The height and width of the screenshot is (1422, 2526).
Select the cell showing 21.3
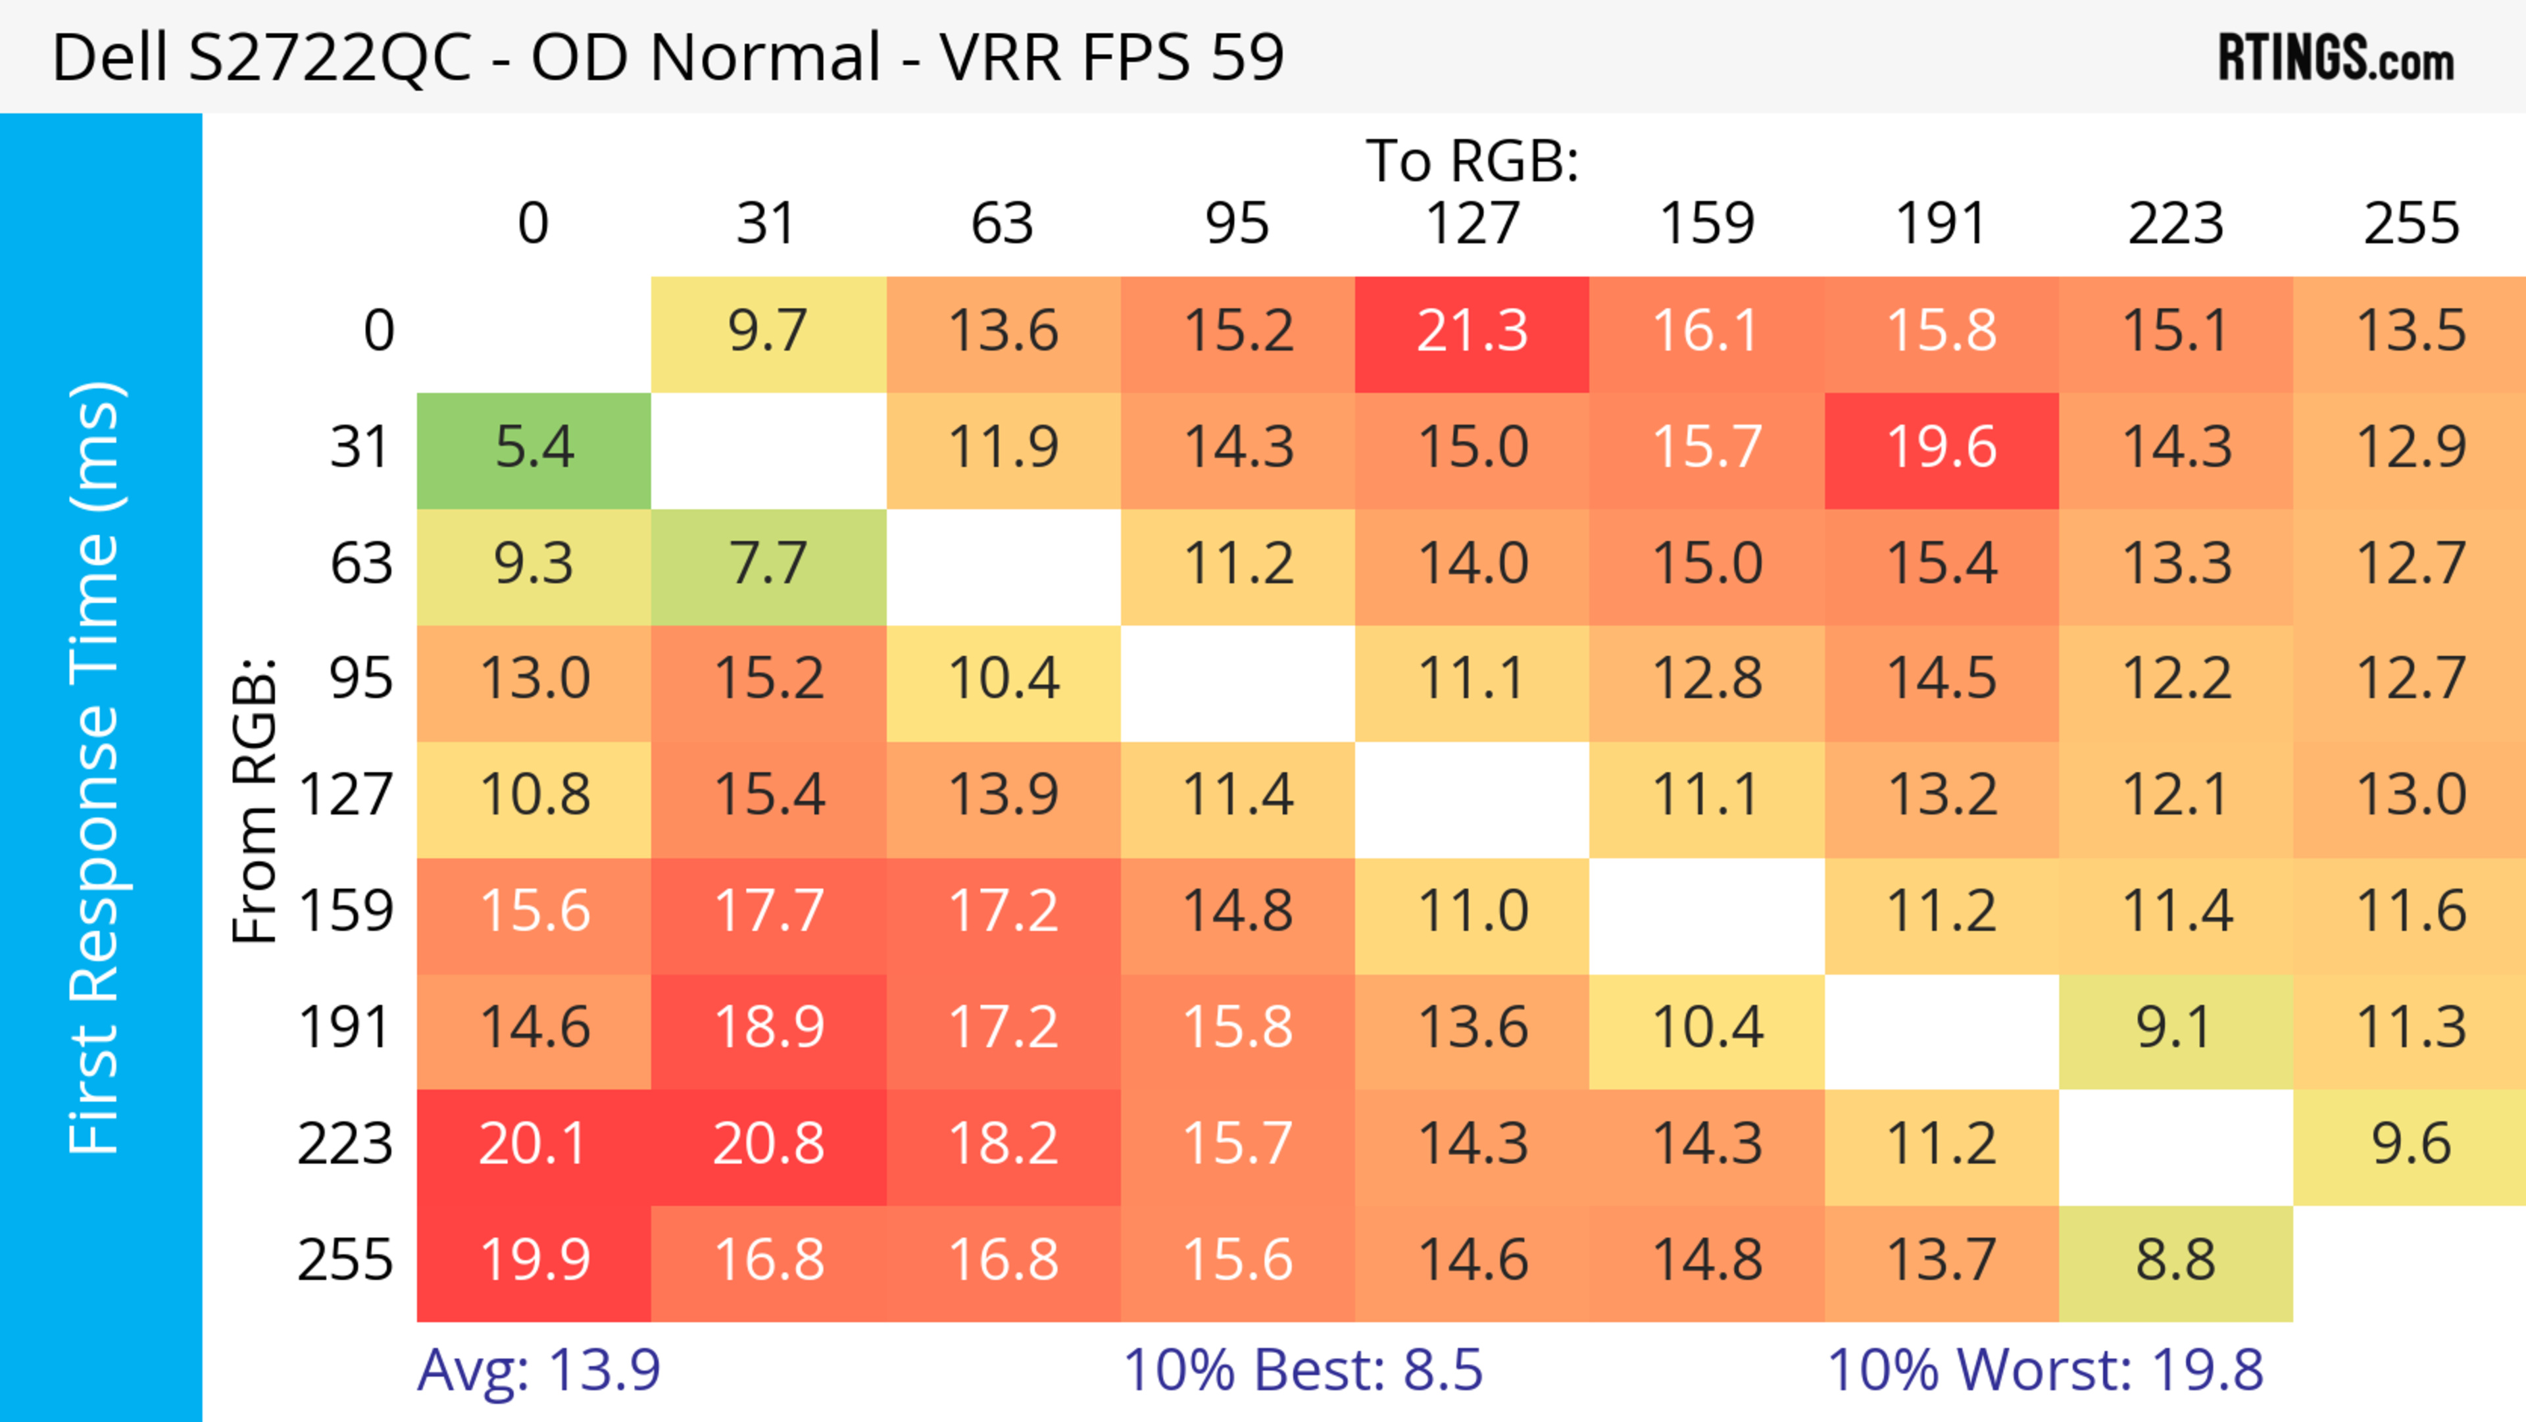click(1472, 332)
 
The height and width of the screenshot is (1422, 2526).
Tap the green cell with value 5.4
click(533, 448)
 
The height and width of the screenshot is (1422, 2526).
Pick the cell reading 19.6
click(1942, 448)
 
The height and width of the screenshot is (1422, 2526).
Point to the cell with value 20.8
click(768, 1144)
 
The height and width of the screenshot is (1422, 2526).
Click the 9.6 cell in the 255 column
click(2410, 1144)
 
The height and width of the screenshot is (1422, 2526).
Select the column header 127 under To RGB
click(1472, 224)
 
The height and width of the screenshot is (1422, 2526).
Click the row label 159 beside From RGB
click(346, 912)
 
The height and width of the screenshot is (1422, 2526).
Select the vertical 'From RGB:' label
click(255, 800)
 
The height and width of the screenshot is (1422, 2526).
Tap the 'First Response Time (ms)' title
click(96, 767)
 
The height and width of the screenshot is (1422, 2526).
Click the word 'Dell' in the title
click(110, 58)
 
